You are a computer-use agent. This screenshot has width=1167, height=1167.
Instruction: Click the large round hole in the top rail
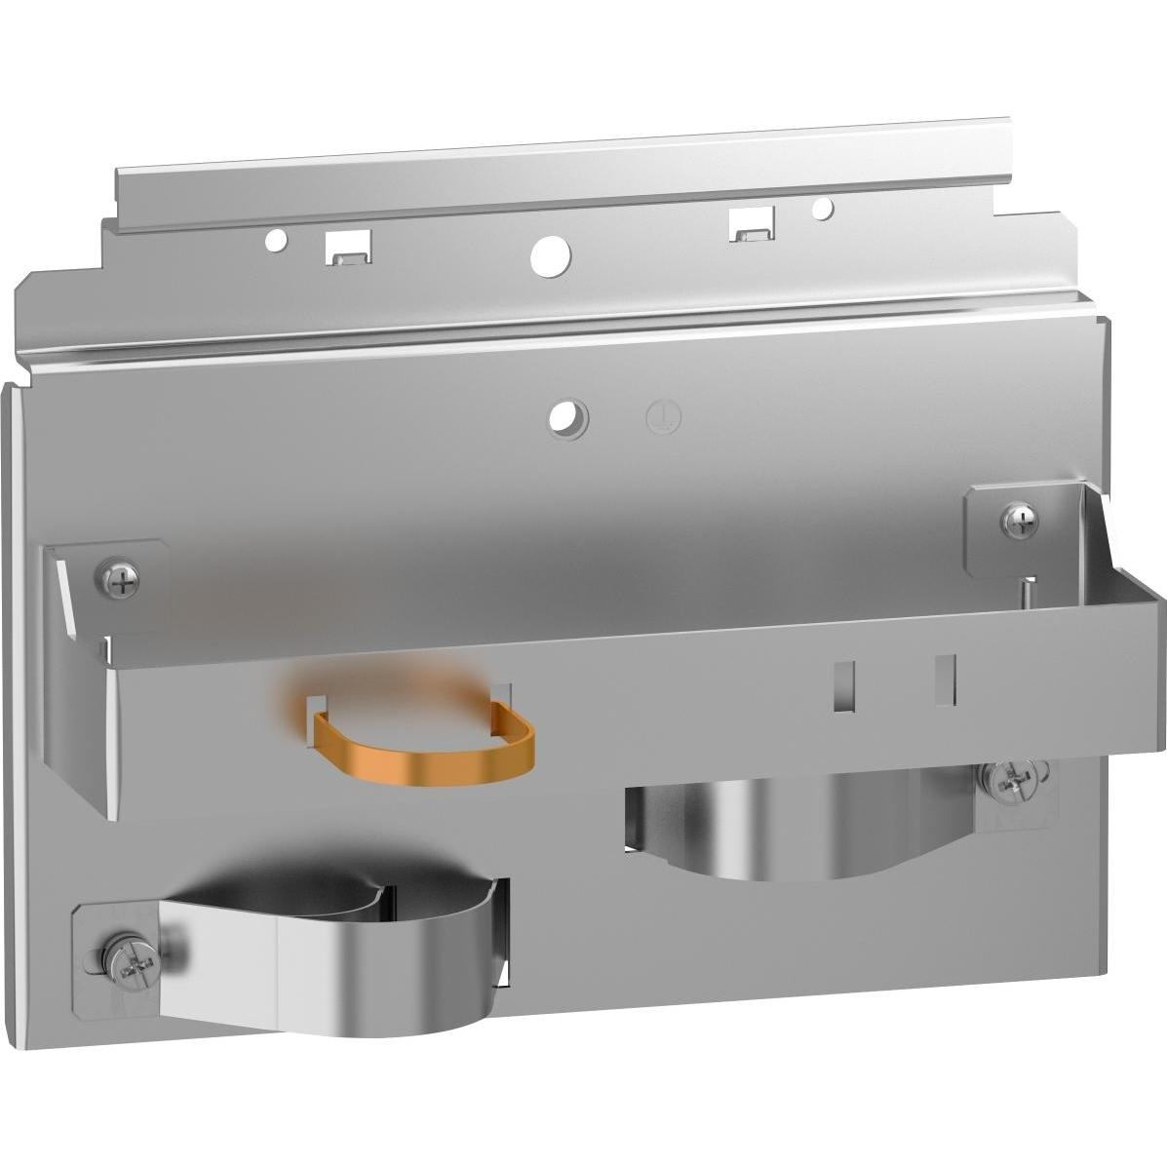click(x=551, y=254)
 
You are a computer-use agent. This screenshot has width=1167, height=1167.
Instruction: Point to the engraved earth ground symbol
click(x=664, y=417)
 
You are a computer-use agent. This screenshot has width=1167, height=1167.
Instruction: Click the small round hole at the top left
click(x=276, y=239)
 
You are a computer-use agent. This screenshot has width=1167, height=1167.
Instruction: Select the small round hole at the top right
click(x=823, y=208)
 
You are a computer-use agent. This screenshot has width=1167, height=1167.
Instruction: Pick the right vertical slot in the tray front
click(x=944, y=679)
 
